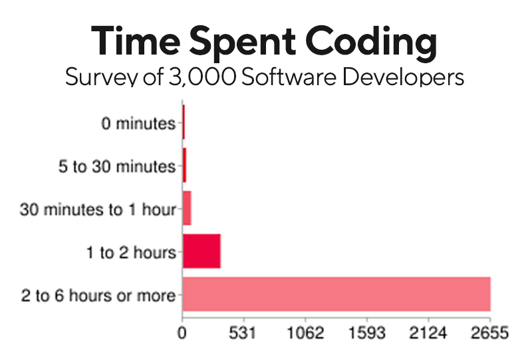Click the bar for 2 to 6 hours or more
336,293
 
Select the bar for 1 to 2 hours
201,252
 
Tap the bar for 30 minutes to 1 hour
186,209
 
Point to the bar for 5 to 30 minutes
184,166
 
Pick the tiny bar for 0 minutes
183,124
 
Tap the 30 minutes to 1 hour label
98,210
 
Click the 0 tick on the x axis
182,332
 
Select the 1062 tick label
306,332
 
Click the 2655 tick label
491,332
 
